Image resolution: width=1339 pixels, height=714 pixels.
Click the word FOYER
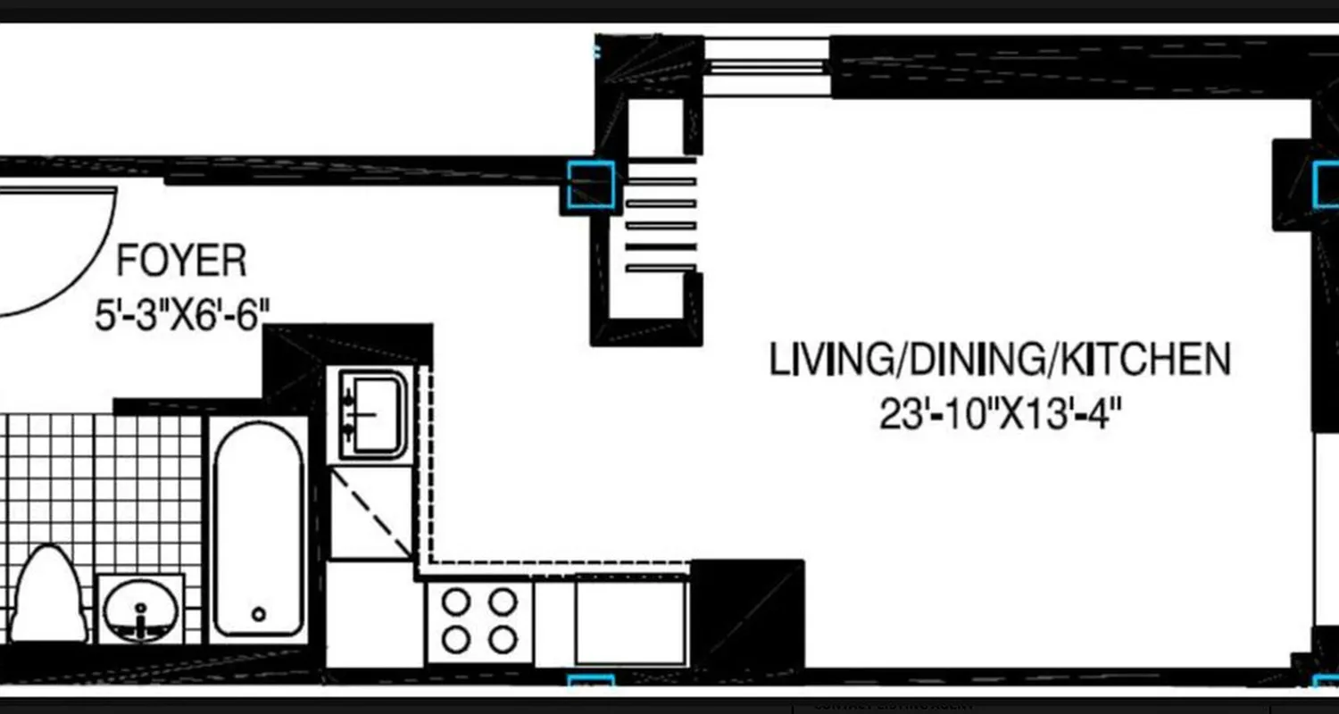point(181,262)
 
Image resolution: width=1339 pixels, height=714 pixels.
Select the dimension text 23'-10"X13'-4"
point(1000,415)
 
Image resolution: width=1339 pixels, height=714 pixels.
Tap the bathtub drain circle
point(259,614)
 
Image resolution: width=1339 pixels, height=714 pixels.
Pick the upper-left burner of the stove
point(456,603)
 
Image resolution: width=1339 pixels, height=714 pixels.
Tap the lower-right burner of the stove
point(503,639)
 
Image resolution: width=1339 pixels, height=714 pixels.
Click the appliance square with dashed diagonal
point(371,513)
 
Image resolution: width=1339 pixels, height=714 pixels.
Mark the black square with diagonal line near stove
point(748,615)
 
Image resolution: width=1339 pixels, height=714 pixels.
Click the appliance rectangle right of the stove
point(629,620)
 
